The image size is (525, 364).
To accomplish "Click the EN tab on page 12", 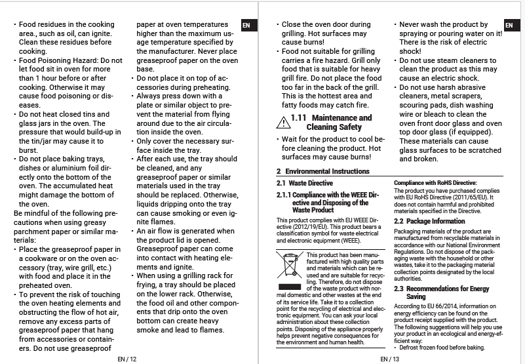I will [246, 26].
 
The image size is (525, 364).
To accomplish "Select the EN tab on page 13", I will [509, 26].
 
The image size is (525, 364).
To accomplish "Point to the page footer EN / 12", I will [127, 359].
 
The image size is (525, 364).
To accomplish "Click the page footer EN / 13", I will [389, 359].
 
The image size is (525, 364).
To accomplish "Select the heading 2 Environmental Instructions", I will [322, 171].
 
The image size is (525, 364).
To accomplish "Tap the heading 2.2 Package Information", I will [429, 221].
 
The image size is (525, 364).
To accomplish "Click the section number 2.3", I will [399, 289].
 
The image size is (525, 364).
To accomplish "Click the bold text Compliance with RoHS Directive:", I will [435, 183].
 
